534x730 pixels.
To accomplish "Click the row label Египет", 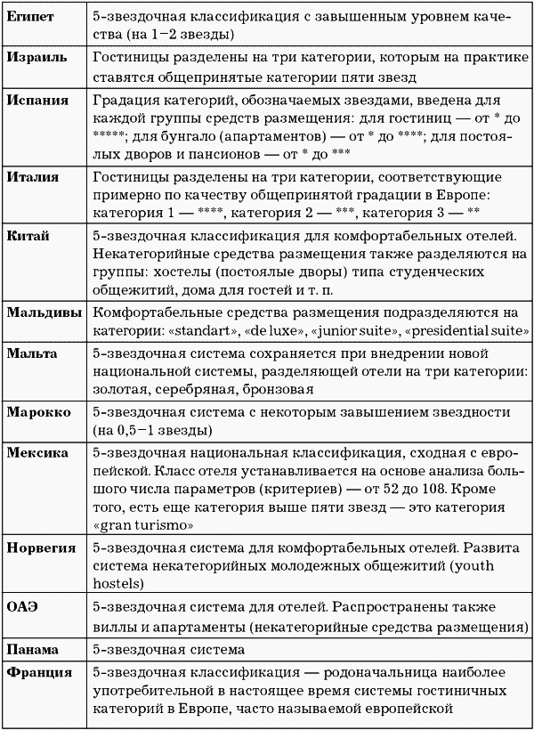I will click(x=30, y=17).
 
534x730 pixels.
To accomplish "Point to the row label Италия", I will click(x=33, y=177).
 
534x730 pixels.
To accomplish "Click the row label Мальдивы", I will click(x=44, y=313).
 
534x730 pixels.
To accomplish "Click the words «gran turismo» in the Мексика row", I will click(x=137, y=524).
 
